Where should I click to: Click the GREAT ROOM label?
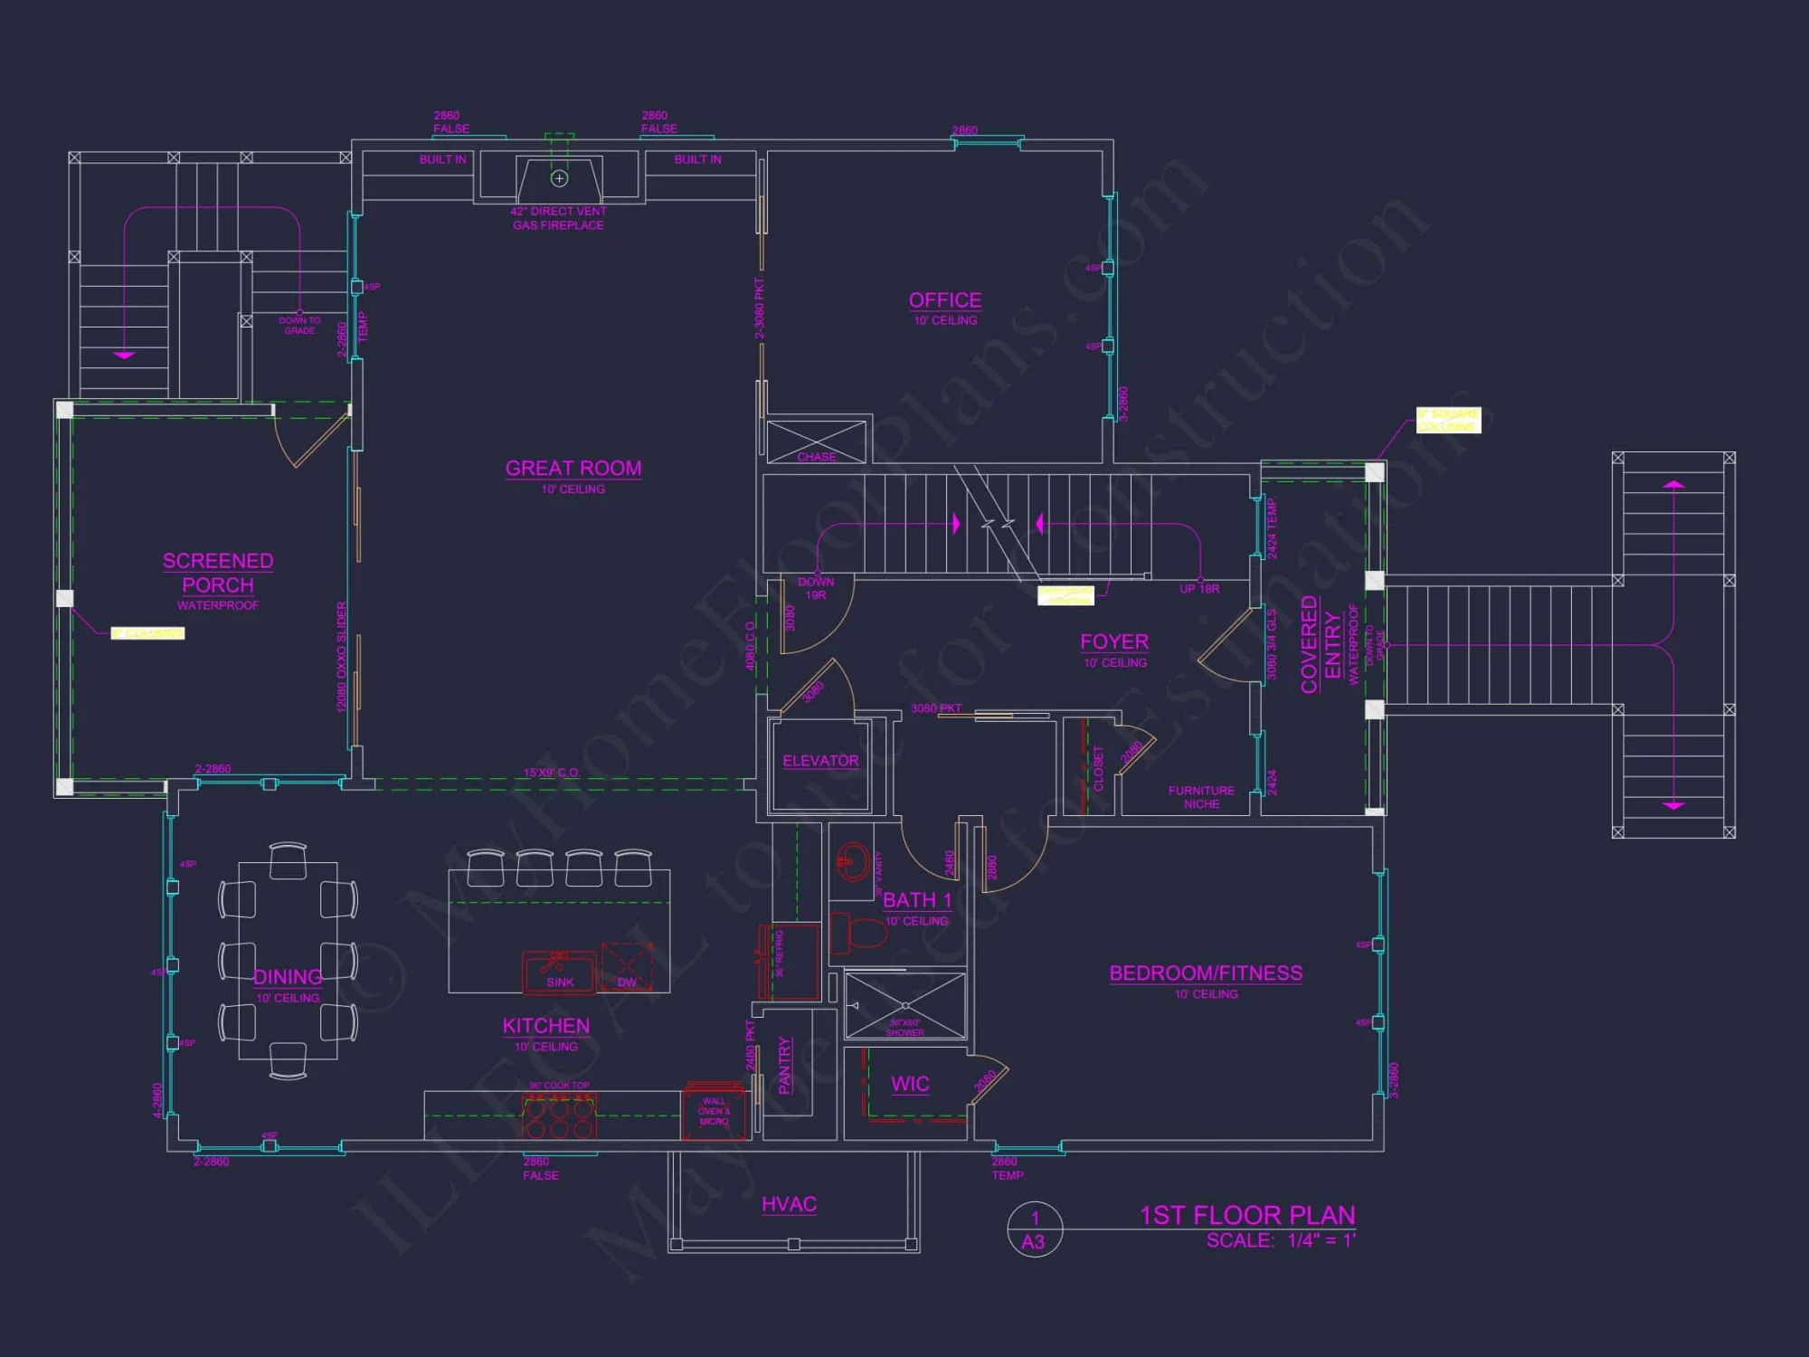tap(573, 469)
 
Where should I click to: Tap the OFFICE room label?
tap(945, 300)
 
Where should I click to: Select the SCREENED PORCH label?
tap(218, 574)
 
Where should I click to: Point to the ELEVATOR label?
tap(820, 761)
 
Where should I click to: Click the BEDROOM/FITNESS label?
tap(1206, 973)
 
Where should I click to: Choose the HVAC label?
tap(789, 1204)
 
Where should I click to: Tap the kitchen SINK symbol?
tap(559, 972)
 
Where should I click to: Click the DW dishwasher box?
tap(627, 968)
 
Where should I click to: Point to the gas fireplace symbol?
tap(559, 179)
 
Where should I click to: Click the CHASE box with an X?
tap(816, 441)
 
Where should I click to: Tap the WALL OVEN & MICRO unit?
tap(714, 1111)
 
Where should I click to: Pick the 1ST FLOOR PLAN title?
tap(1247, 1215)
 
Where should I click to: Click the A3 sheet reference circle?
tap(1034, 1229)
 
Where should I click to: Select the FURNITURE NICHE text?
tap(1201, 797)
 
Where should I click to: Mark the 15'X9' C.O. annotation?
tap(551, 773)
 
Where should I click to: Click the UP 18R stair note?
tap(1199, 589)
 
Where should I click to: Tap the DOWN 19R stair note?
tap(816, 588)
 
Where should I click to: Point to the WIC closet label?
tap(910, 1084)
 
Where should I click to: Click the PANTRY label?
tap(785, 1066)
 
